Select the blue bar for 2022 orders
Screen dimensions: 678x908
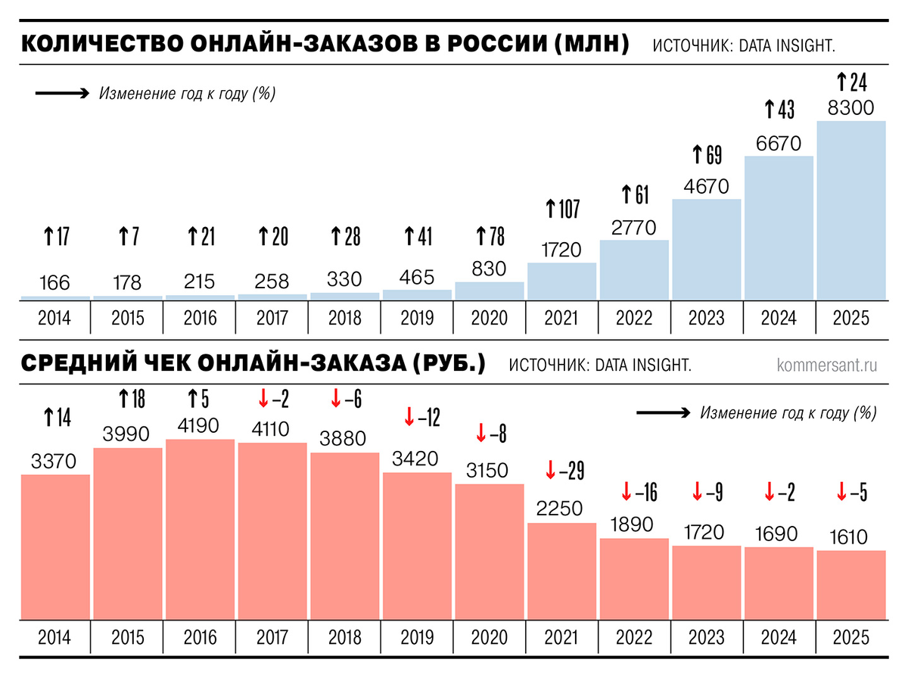click(x=634, y=269)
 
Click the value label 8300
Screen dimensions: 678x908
click(x=850, y=107)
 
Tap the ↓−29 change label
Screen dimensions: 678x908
click(x=561, y=470)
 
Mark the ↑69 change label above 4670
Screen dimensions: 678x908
click(x=707, y=155)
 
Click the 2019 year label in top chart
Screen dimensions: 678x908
click(x=416, y=318)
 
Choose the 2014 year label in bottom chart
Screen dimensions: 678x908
click(x=54, y=637)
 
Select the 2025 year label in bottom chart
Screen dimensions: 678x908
click(x=850, y=637)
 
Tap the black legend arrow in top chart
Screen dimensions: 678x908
click(x=63, y=95)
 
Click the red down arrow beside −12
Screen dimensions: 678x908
click(x=409, y=415)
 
